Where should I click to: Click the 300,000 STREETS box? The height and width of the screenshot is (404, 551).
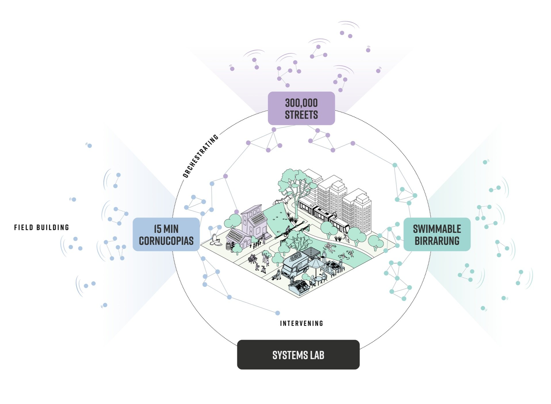point(301,108)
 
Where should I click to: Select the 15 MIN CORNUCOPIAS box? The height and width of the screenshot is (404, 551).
point(166,234)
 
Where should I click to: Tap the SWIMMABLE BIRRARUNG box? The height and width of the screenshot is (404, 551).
point(437,234)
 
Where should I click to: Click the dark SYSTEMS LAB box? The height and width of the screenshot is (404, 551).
point(298,355)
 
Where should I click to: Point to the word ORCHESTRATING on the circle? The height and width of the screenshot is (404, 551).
point(200,156)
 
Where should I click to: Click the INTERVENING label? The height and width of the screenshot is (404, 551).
point(301,323)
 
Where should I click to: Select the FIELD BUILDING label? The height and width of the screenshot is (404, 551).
point(42,228)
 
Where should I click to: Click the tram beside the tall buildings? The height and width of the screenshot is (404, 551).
point(322,214)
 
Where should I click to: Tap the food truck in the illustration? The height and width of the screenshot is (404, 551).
point(293,266)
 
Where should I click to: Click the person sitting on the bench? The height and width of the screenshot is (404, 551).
point(252,259)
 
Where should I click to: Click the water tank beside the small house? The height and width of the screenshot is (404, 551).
point(228,246)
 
